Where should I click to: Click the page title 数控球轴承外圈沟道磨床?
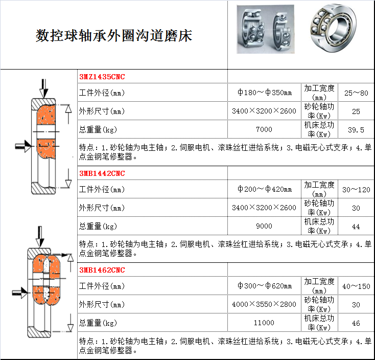pyautogui.click(x=114, y=36)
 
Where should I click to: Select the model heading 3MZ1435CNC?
pyautogui.click(x=102, y=77)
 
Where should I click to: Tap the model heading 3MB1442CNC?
pyautogui.click(x=102, y=173)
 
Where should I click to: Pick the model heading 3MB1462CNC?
pyautogui.click(x=102, y=270)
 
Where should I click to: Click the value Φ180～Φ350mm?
pyautogui.click(x=264, y=93)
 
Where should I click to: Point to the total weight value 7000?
pyautogui.click(x=264, y=129)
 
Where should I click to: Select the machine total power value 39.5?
pyautogui.click(x=356, y=130)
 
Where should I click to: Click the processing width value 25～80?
pyautogui.click(x=356, y=93)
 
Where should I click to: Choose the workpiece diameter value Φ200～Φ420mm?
pyautogui.click(x=264, y=189)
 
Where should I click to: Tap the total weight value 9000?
pyautogui.click(x=264, y=226)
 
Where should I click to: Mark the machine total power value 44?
pyautogui.click(x=356, y=227)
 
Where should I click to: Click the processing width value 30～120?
pyautogui.click(x=356, y=190)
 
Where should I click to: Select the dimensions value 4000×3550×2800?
pyautogui.click(x=264, y=304)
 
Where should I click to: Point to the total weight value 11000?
pyautogui.click(x=264, y=323)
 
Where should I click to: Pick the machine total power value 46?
pyautogui.click(x=356, y=323)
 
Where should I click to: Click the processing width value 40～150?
pyautogui.click(x=356, y=286)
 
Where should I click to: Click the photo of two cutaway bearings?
pyautogui.click(x=266, y=29)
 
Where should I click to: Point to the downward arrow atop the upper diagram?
pyautogui.click(x=44, y=88)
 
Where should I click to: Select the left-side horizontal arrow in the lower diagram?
pyautogui.click(x=20, y=292)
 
